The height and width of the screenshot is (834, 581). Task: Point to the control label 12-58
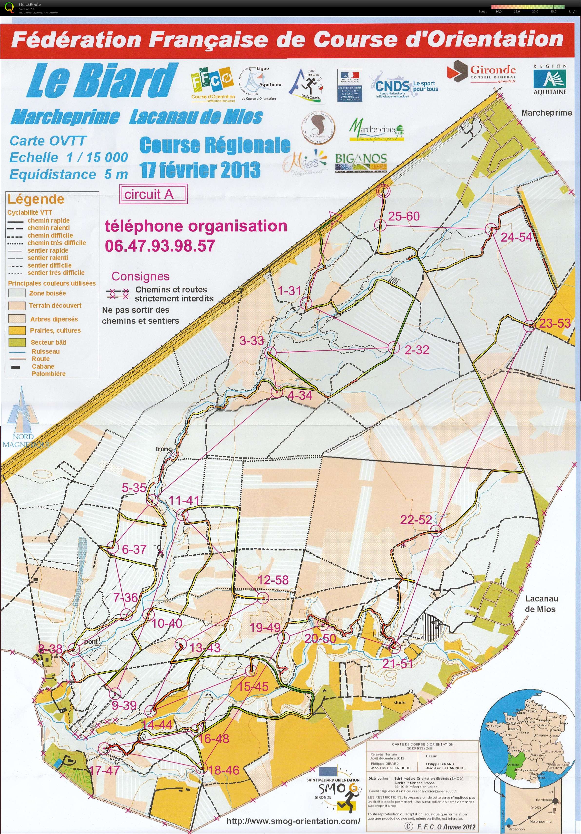click(273, 580)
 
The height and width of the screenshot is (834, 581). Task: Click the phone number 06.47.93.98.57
click(160, 246)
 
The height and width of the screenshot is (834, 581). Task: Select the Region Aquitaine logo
click(550, 80)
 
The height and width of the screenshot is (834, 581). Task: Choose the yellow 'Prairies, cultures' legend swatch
click(17, 330)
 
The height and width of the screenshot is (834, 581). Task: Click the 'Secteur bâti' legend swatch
click(17, 342)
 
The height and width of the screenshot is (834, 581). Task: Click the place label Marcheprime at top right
click(546, 113)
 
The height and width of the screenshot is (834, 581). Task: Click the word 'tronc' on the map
click(163, 449)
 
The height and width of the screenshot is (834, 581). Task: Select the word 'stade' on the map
click(399, 702)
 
